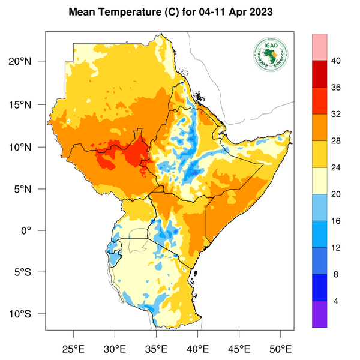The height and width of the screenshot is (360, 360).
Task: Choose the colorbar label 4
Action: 335,301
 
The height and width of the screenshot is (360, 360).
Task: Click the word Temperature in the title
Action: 125,12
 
